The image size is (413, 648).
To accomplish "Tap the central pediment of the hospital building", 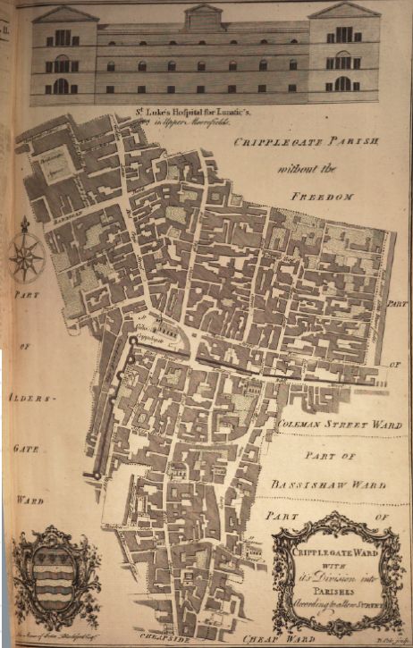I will coord(203,13).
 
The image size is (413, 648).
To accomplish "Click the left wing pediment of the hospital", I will coord(65,14).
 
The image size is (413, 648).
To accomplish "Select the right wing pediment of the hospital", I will coord(344,11).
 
